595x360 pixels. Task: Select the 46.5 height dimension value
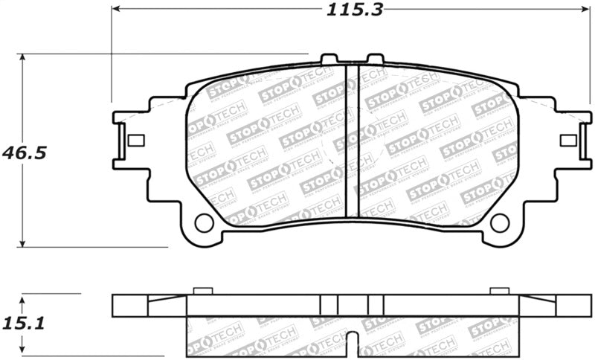click(x=24, y=152)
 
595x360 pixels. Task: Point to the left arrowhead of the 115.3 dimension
click(x=116, y=10)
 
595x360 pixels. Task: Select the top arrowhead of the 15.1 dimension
click(x=24, y=298)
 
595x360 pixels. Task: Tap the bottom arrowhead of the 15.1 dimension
click(x=24, y=348)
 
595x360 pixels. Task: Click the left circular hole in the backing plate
click(x=203, y=222)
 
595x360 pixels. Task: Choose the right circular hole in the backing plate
click(x=499, y=222)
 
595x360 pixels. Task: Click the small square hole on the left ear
click(x=136, y=140)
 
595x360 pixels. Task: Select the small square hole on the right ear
click(x=567, y=140)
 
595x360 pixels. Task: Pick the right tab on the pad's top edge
click(x=375, y=59)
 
